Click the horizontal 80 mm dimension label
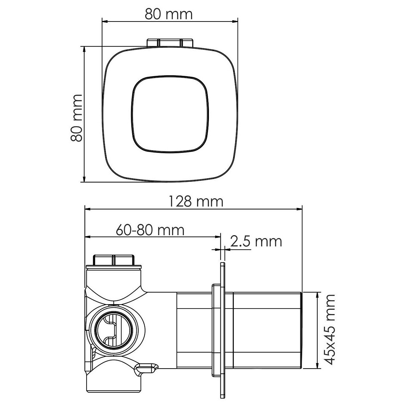169,14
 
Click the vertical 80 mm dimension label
76,118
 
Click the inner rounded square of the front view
170,114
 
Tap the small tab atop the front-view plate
170,42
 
